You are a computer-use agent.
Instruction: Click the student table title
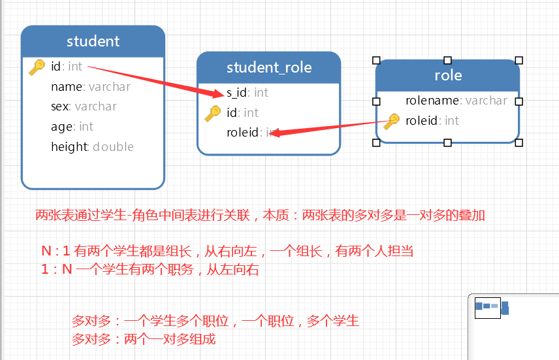(x=93, y=41)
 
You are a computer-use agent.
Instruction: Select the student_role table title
(x=268, y=67)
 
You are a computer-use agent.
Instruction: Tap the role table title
(x=447, y=75)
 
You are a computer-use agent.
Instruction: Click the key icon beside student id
(x=37, y=67)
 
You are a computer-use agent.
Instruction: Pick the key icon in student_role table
(x=212, y=113)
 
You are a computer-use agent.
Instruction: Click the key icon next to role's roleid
(x=391, y=121)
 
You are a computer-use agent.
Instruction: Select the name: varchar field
(x=90, y=87)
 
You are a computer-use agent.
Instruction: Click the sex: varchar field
(x=84, y=106)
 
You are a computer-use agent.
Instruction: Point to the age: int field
(x=72, y=127)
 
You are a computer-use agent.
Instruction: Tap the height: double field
(x=92, y=147)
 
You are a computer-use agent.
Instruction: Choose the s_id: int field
(x=247, y=93)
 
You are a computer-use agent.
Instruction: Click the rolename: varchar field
(x=456, y=101)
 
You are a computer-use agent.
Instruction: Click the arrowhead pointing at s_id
(x=217, y=93)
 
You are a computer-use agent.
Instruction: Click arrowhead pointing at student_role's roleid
(x=275, y=133)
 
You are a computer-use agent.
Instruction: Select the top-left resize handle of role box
(x=376, y=60)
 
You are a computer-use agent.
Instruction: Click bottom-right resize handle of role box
(x=519, y=142)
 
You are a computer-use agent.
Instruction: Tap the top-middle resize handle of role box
(x=447, y=60)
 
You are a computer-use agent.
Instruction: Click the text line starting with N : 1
(x=227, y=251)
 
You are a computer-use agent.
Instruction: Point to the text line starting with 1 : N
(x=150, y=270)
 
